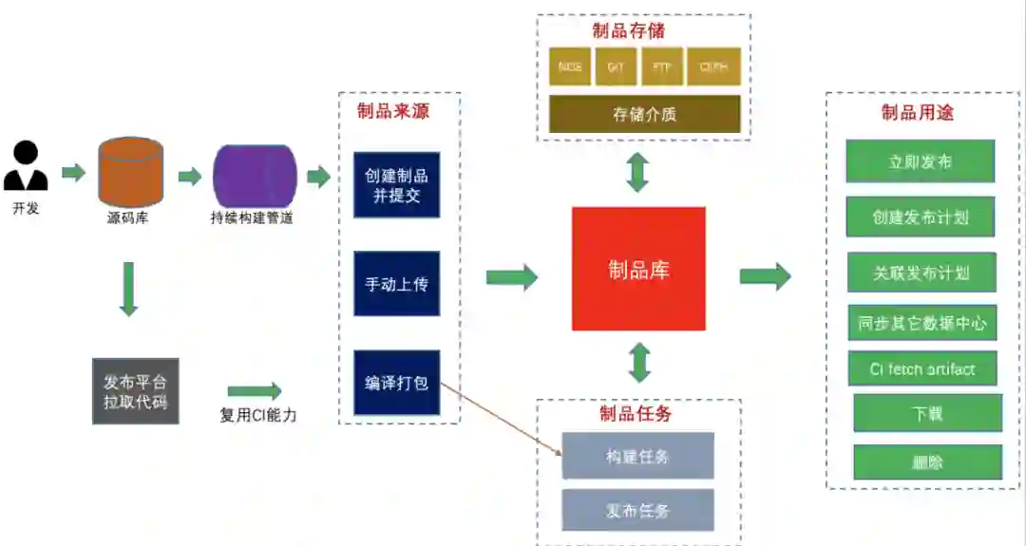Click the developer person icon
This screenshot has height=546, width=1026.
coord(26,166)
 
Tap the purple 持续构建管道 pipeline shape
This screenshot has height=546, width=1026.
coord(255,176)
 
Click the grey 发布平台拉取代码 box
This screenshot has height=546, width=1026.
coord(136,390)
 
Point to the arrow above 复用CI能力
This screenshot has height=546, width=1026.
coord(255,391)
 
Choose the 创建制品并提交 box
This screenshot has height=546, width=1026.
coord(397,184)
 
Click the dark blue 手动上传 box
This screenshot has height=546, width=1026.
coord(397,283)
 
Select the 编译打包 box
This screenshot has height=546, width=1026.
coord(397,383)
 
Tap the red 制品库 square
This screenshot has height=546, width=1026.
coord(638,269)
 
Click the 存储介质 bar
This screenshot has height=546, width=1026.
coord(644,114)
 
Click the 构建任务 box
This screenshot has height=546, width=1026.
coord(637,456)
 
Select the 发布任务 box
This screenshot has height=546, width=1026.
coord(637,510)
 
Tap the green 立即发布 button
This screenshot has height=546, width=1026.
coord(920,161)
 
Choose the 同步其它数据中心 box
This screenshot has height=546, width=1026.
coord(921,323)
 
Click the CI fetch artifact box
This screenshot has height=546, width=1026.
coord(921,368)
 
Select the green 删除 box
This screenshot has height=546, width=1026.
coord(927,462)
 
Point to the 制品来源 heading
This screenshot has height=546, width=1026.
coord(393,111)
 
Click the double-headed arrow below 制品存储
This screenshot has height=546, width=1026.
coord(637,173)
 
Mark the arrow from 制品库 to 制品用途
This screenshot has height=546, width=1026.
coord(765,276)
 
